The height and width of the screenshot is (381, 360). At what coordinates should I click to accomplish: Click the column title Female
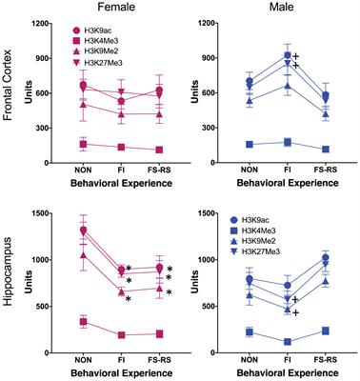tap(124, 9)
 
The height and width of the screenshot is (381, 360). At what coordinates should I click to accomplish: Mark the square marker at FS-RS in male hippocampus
tap(330, 331)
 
